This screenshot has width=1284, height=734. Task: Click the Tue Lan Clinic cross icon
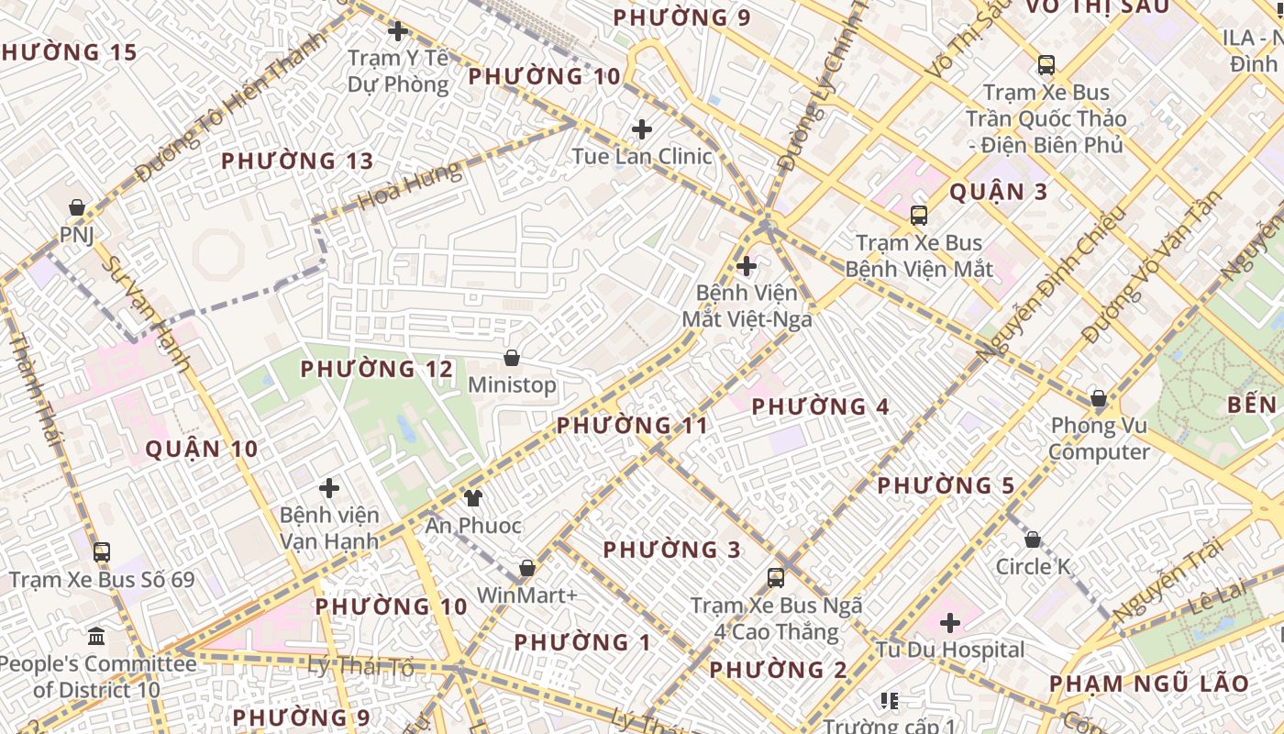tap(642, 128)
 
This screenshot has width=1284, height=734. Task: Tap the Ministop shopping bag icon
tap(512, 357)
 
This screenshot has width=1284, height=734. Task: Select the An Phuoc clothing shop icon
tap(472, 498)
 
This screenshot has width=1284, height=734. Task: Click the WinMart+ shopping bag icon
tap(527, 568)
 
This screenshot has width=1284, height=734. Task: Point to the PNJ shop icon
tap(78, 207)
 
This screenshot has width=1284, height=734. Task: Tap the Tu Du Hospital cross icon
tap(949, 623)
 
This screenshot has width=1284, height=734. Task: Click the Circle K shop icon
tap(1033, 539)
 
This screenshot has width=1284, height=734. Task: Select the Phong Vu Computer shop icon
tap(1099, 398)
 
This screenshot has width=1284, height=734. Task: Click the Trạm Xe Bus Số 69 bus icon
tap(102, 552)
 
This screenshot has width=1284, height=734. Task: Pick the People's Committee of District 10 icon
tap(96, 636)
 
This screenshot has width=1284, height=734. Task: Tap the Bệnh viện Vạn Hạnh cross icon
tap(329, 488)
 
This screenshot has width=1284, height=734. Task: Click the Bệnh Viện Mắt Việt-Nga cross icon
tap(747, 266)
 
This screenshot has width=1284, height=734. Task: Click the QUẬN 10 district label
tap(202, 449)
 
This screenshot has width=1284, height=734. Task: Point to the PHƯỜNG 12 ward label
tap(377, 369)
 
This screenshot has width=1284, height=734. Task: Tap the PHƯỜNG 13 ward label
tap(297, 161)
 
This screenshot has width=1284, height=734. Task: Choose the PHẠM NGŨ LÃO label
tap(1148, 684)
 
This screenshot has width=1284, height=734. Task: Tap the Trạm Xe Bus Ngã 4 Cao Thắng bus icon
tap(776, 578)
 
